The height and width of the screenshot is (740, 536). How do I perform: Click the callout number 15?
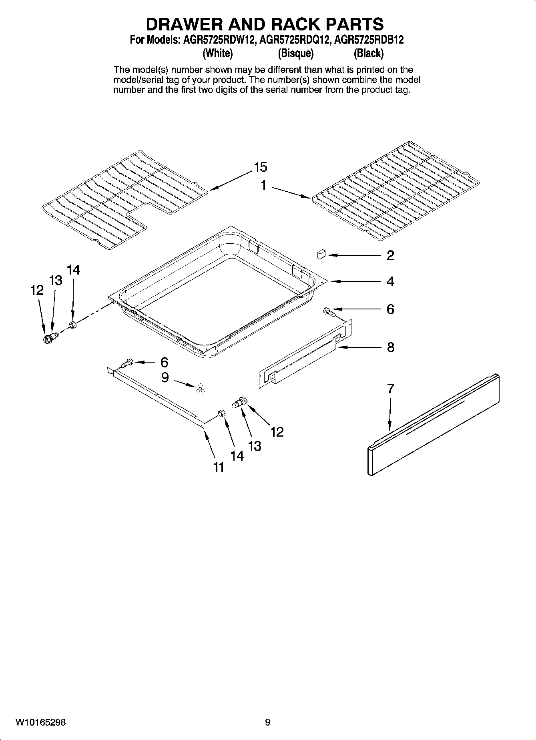(260, 167)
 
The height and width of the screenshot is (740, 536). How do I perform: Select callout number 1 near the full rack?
(264, 185)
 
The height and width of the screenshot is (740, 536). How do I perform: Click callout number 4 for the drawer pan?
(390, 281)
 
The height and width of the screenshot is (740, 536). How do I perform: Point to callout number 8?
(390, 347)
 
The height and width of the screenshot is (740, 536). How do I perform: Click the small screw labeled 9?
(200, 387)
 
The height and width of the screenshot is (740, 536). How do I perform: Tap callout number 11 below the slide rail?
(218, 467)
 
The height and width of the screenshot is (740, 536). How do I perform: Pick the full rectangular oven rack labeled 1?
(394, 190)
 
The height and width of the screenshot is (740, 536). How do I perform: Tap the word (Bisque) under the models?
(295, 53)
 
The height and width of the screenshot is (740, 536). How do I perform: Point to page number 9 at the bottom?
(267, 722)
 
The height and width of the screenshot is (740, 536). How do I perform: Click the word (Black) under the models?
(368, 53)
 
